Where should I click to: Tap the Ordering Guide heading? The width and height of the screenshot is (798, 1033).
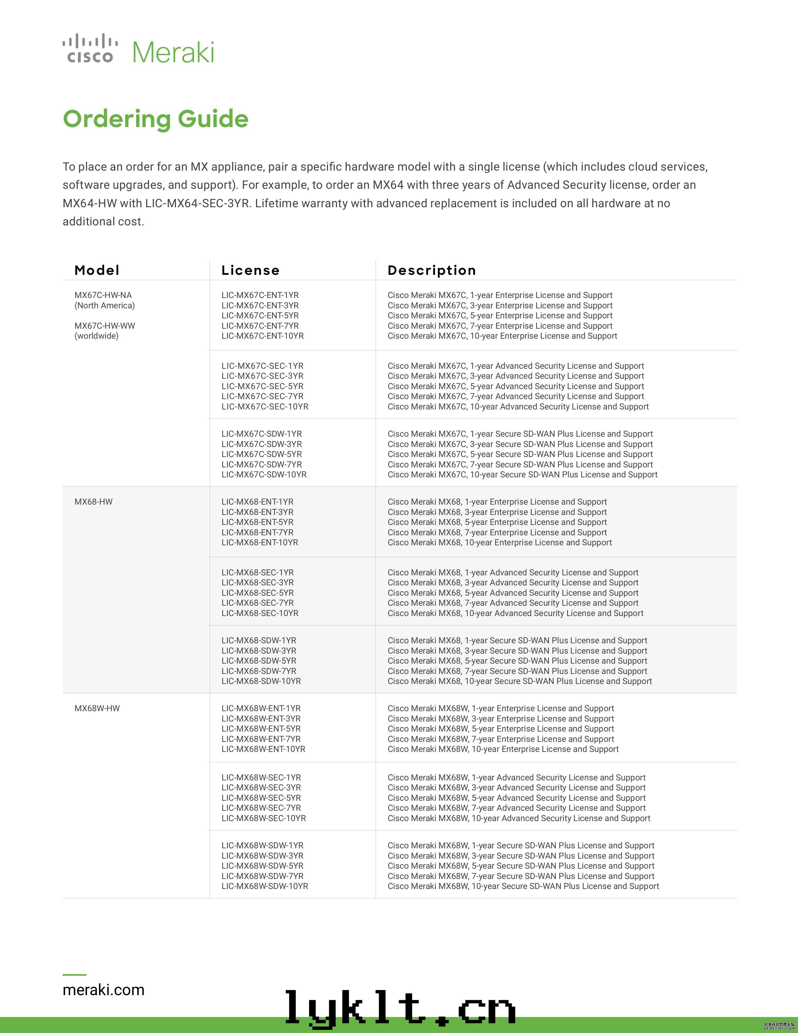tap(156, 119)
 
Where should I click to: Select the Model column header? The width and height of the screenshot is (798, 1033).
tap(97, 270)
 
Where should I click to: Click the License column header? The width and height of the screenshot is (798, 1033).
tap(251, 270)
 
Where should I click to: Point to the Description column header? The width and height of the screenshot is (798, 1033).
tap(432, 270)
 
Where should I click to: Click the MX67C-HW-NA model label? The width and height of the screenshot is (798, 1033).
tap(103, 295)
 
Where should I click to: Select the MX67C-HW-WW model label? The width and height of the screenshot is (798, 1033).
tap(105, 326)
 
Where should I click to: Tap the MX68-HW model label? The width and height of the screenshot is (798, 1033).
tap(94, 502)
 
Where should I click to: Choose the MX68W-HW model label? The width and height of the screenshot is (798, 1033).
tap(97, 708)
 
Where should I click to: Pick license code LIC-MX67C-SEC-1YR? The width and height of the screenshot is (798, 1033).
tap(262, 366)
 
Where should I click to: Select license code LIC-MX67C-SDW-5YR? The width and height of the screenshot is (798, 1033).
tap(261, 454)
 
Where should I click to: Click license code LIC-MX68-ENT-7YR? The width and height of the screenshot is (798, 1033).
tap(257, 532)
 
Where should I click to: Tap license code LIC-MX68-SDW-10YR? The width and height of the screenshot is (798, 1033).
tap(261, 681)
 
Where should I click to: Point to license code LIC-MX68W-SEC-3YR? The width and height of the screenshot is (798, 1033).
tap(261, 788)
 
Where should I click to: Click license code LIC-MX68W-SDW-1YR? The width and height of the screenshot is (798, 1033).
tap(262, 846)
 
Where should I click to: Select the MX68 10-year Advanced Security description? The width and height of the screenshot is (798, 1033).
tap(515, 614)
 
